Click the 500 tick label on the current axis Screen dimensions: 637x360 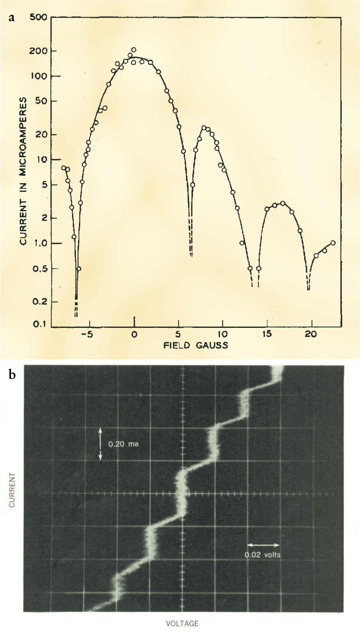coord(38,17)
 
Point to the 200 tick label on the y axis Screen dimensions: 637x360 coord(38,51)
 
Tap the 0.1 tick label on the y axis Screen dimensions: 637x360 coord(40,324)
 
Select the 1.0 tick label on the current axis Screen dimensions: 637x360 coord(40,243)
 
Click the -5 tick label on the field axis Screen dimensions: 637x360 coord(87,334)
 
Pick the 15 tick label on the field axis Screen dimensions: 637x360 coord(266,334)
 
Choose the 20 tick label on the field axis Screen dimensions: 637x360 coord(311,334)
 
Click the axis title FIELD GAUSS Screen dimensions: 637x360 coord(196,345)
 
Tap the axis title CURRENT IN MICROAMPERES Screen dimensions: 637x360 coord(23,171)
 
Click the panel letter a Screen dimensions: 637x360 coord(12,17)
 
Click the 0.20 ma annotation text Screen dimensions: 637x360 coord(123,444)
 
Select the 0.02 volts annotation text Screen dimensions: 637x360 coord(263,555)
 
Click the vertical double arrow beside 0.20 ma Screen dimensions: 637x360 coord(100,444)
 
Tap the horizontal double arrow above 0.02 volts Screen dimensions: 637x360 coord(263,545)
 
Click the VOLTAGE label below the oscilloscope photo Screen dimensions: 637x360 coord(182,623)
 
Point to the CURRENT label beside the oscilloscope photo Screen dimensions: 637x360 coord(12,490)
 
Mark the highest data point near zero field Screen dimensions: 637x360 coord(134,50)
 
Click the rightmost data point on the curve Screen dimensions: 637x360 coord(333,243)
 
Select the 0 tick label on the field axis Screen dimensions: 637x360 coord(134,334)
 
